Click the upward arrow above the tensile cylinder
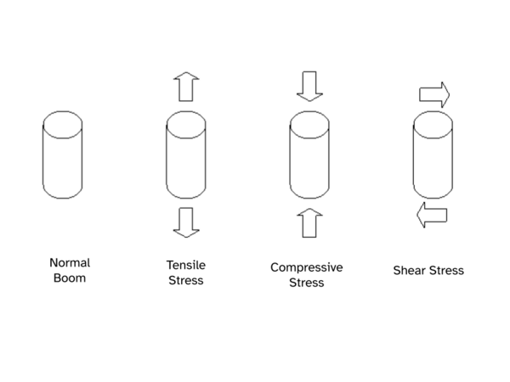tap(186, 87)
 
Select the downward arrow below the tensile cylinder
tap(186, 222)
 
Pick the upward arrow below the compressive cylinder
tap(307, 223)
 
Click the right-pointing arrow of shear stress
tap(433, 93)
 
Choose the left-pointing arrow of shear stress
tap(432, 216)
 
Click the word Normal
tap(69, 262)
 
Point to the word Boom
tap(69, 277)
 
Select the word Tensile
tap(185, 265)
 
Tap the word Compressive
tap(307, 267)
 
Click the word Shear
tap(410, 271)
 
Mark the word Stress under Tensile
tap(185, 279)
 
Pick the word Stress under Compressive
tap(307, 282)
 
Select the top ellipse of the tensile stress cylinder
tap(186, 122)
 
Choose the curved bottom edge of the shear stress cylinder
tap(432, 196)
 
